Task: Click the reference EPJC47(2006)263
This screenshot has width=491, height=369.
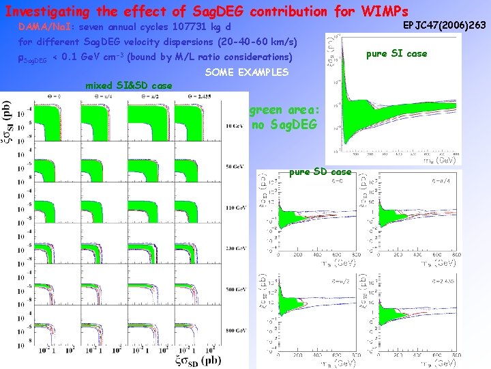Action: click(x=444, y=25)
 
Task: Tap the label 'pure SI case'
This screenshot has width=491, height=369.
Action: click(x=396, y=53)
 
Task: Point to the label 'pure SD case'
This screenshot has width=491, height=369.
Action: click(x=320, y=172)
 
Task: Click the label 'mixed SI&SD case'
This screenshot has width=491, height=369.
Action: click(x=128, y=85)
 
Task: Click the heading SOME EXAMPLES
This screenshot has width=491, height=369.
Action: click(x=246, y=72)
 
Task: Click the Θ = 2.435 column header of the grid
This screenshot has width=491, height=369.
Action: click(x=209, y=97)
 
